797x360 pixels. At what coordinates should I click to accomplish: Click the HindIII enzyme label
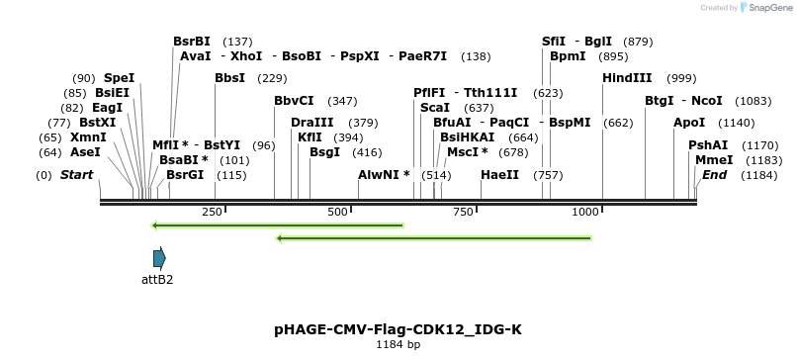[627, 78]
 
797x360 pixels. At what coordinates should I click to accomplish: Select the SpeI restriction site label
[119, 78]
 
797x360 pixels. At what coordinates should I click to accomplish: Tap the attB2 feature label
[157, 280]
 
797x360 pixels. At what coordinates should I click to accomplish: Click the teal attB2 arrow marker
[159, 259]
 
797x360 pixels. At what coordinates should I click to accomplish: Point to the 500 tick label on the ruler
[338, 213]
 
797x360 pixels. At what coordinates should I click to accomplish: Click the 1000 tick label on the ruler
[586, 213]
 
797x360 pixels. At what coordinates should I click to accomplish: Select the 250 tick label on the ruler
[213, 213]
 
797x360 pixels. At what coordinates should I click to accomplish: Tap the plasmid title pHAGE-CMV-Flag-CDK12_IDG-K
[398, 329]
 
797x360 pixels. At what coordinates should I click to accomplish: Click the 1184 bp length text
[398, 345]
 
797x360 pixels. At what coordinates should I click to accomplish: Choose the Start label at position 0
[76, 175]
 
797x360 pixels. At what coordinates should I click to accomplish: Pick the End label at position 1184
[714, 175]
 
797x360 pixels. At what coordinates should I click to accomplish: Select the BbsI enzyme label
[229, 78]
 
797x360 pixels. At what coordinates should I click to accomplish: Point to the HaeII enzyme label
[499, 175]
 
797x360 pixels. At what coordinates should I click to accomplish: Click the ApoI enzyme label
[689, 123]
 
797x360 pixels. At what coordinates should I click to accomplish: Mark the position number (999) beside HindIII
[680, 78]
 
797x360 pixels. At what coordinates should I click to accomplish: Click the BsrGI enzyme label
[185, 175]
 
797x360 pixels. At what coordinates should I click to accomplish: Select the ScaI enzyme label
[435, 108]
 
